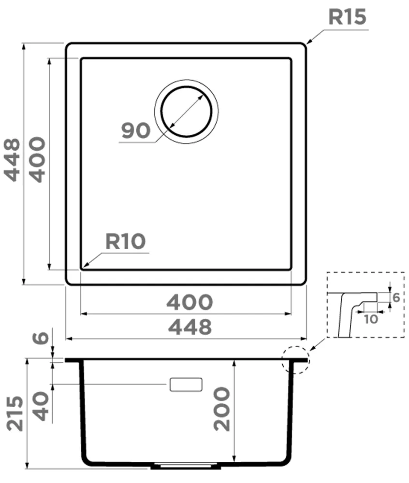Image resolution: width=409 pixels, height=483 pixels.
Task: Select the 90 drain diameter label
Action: [136, 130]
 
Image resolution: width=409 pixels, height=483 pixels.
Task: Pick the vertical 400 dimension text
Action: [37, 159]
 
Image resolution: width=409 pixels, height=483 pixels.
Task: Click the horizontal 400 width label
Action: [190, 302]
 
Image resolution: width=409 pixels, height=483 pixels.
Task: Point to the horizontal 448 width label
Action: [190, 327]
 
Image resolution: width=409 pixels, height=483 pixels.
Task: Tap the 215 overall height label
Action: [15, 414]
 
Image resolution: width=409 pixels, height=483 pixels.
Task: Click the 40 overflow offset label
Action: [41, 406]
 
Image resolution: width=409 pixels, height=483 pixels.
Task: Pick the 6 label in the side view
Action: [41, 338]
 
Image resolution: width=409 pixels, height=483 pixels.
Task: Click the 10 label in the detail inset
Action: [370, 319]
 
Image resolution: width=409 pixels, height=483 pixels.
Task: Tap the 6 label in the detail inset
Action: [396, 298]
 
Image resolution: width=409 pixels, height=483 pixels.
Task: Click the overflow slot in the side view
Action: [186, 384]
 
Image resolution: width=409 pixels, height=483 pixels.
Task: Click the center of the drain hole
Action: [187, 112]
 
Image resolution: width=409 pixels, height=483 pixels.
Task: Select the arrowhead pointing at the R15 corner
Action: [310, 41]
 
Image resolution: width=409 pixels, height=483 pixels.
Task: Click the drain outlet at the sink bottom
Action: [186, 466]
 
